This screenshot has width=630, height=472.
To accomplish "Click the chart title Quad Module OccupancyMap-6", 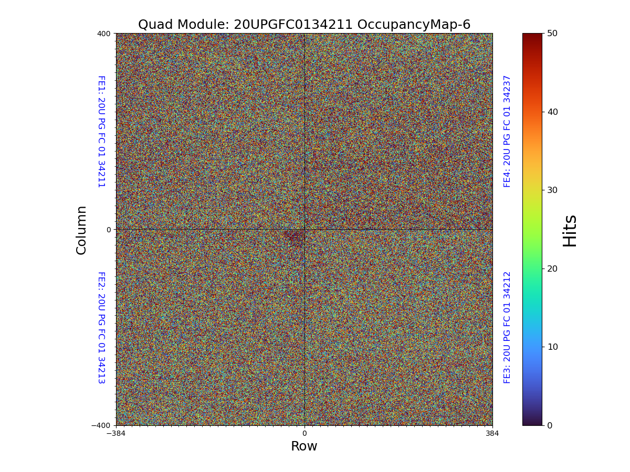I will click(304, 25).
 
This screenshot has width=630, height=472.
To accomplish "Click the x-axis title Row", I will click(304, 446).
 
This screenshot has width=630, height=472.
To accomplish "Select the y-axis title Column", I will click(81, 230).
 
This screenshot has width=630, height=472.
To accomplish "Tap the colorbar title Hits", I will click(570, 230).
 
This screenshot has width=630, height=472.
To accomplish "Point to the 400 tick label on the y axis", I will click(103, 34).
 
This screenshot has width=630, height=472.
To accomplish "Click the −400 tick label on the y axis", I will click(101, 425).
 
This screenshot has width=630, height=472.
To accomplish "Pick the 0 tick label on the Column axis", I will click(109, 230).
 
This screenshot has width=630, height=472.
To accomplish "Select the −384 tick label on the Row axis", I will click(116, 434).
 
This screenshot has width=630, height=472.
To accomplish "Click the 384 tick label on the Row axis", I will click(492, 434).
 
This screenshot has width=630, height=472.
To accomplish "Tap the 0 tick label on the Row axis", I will click(304, 434).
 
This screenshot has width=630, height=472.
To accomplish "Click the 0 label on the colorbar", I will click(550, 425).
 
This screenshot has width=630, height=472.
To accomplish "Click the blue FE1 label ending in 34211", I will click(101, 131).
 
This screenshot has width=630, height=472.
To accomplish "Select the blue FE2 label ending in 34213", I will click(101, 327).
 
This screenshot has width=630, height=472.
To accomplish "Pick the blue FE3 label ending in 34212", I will click(507, 327).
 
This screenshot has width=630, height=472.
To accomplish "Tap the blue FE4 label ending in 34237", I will click(507, 131).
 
